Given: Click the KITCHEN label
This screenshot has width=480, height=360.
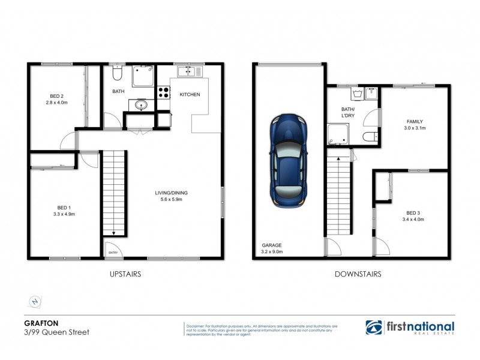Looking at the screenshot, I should point(190,95).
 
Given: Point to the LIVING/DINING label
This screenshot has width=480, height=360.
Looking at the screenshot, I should point(170,192).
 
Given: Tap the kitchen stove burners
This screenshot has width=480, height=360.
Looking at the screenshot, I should point(163,93).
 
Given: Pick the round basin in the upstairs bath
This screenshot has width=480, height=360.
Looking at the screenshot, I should point(140,106).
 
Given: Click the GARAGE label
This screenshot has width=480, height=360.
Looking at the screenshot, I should point(271,245).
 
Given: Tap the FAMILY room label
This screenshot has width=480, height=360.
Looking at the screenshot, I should point(413,121).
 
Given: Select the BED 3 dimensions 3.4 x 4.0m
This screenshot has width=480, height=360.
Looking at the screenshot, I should point(415,220).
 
